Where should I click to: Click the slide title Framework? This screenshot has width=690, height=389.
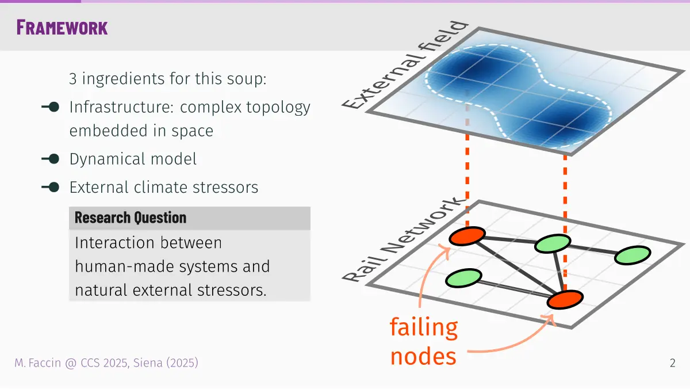pos(62,28)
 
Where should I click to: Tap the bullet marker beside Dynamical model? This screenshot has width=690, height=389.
pos(51,159)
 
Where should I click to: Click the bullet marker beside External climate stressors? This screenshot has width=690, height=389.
pos(51,187)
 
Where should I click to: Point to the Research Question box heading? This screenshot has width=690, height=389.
pos(131,218)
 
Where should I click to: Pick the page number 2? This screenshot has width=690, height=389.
pos(672,363)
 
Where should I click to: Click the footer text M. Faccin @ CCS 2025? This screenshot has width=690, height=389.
pos(71,363)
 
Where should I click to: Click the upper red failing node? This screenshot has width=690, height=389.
pos(467,236)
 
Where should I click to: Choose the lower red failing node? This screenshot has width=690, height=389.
pos(565,299)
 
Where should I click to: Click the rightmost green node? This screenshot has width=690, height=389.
pos(632,255)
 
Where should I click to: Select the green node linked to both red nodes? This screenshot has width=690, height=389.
pos(553,243)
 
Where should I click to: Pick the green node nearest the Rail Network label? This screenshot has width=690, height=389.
pos(463,278)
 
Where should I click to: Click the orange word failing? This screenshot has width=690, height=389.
pos(424,327)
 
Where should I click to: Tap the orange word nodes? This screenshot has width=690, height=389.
pos(423,356)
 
